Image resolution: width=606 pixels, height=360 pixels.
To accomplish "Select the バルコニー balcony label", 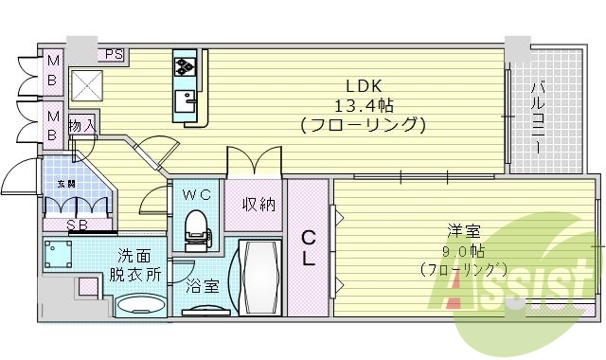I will click(x=536, y=119).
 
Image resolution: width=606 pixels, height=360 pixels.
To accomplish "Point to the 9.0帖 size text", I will click(x=463, y=251).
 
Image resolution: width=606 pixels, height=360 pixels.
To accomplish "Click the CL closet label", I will click(x=309, y=246).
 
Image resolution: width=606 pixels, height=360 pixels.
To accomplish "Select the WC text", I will click(x=196, y=195).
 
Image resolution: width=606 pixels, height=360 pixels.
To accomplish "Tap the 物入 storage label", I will click(x=82, y=125).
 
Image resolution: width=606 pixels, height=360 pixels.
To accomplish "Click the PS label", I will click(x=115, y=54).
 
